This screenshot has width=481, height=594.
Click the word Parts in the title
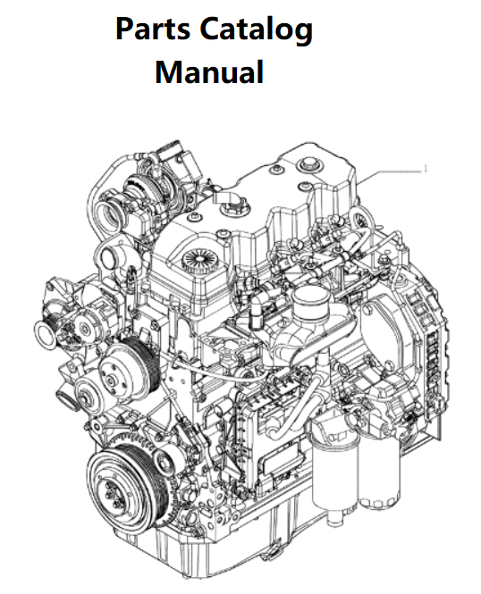152,29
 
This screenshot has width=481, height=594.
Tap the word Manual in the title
209,71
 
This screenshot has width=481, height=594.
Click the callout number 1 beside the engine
426,168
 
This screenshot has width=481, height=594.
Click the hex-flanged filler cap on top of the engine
232,207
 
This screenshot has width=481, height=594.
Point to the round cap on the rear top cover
307,164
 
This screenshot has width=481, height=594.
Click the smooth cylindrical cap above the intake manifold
310,301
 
